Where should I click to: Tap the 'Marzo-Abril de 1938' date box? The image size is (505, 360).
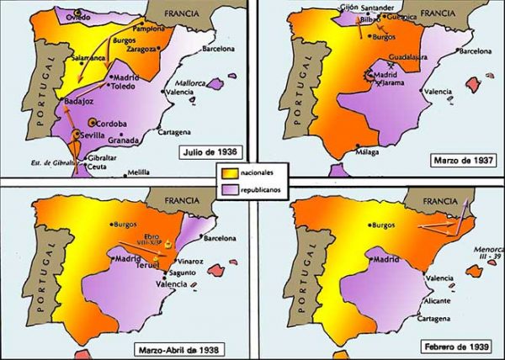(x=182, y=349)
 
